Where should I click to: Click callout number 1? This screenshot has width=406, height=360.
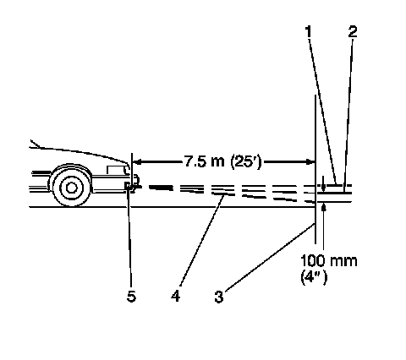click(x=309, y=31)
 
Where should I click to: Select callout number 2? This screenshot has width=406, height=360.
click(x=353, y=31)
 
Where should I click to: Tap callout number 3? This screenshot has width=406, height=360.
click(x=219, y=297)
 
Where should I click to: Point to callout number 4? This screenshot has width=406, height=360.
click(x=175, y=296)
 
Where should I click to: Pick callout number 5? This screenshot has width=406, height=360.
click(x=131, y=296)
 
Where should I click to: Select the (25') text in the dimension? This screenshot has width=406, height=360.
click(x=246, y=162)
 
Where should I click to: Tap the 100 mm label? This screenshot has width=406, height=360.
click(x=329, y=261)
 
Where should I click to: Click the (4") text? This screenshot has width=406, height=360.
click(x=314, y=278)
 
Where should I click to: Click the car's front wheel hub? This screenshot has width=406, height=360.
click(x=71, y=188)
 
